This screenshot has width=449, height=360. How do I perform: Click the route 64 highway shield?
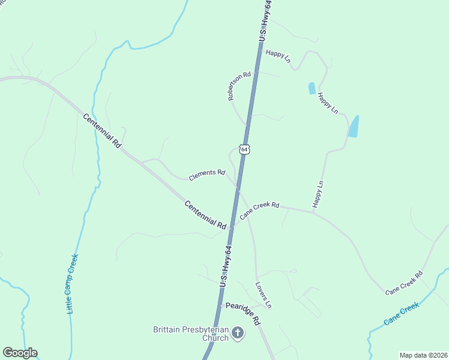point(244,148)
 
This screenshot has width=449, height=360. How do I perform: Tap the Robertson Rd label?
point(239,86)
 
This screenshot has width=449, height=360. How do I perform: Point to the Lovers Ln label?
point(264,295)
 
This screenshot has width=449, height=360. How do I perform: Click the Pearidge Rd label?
point(243,313)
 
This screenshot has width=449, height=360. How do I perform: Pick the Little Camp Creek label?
point(72,284)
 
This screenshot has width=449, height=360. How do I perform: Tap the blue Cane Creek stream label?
point(401,313)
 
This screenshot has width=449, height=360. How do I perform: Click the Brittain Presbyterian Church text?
point(191,334)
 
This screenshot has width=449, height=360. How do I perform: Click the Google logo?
point(20,353)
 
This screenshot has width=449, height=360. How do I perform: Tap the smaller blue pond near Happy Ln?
point(312,88)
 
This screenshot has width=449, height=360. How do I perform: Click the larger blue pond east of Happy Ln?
point(354,126)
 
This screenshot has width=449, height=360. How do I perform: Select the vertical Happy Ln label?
point(318,194)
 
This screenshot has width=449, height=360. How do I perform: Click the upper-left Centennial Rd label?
point(102,131)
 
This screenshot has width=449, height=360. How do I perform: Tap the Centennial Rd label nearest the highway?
point(205,214)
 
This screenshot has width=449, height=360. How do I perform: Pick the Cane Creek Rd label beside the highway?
point(259,209)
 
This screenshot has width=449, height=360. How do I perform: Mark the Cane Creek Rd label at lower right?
point(404,282)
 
